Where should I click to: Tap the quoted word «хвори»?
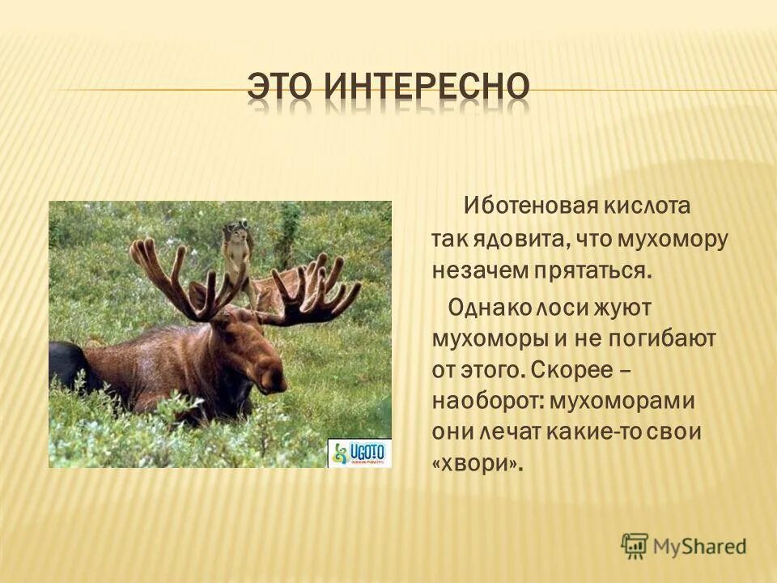click(x=478, y=463)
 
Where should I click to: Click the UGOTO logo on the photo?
click(x=359, y=453)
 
